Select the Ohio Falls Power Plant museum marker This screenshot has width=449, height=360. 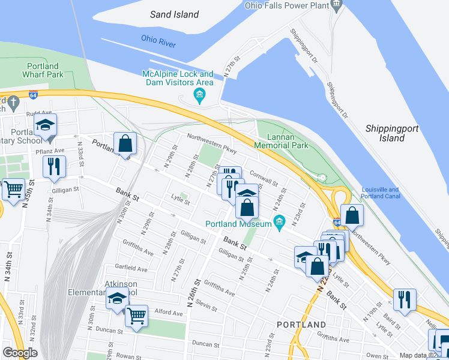click(336, 5)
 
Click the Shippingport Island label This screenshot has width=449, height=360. click(385, 133)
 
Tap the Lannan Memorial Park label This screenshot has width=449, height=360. click(281, 140)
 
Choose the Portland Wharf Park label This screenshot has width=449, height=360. click(43, 70)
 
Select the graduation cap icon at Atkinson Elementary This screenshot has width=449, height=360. click(117, 298)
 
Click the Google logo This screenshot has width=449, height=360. click(20, 352)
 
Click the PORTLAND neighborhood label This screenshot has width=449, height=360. click(301, 325)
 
